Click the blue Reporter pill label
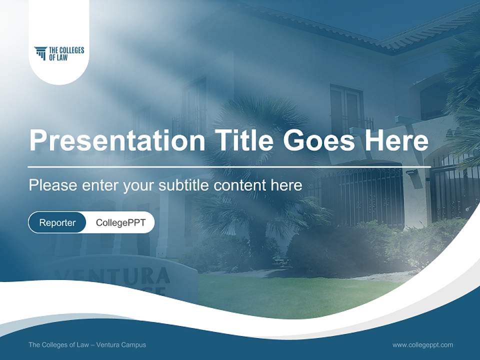pyautogui.click(x=57, y=222)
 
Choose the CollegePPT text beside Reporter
pyautogui.click(x=120, y=222)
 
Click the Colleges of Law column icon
pyautogui.click(x=40, y=53)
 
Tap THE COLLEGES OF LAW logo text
pyautogui.click(x=66, y=53)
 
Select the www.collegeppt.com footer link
pyautogui.click(x=422, y=344)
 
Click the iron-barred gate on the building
pyautogui.click(x=370, y=195)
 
